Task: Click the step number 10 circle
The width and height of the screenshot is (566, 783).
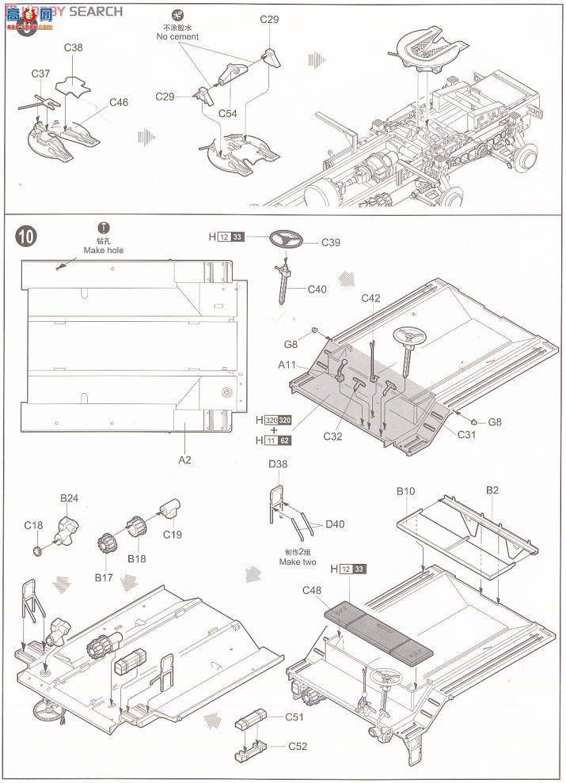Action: pyautogui.click(x=26, y=235)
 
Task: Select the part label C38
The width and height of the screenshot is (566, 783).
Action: pyautogui.click(x=74, y=47)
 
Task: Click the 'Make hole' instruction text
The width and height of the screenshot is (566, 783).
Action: pyautogui.click(x=104, y=250)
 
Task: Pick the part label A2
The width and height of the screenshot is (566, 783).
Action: pyautogui.click(x=184, y=459)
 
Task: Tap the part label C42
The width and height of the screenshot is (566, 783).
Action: pyautogui.click(x=371, y=298)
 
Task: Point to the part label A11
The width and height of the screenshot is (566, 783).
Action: pyautogui.click(x=288, y=365)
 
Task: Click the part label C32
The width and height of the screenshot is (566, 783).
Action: pyautogui.click(x=332, y=436)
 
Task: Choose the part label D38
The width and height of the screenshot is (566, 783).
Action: pyautogui.click(x=278, y=464)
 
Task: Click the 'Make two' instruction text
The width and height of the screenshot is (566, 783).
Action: pyautogui.click(x=297, y=562)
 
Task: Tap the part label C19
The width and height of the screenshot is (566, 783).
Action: pyautogui.click(x=173, y=535)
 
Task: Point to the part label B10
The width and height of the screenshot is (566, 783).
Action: pyautogui.click(x=406, y=491)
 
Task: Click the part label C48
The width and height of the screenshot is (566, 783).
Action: pyautogui.click(x=311, y=589)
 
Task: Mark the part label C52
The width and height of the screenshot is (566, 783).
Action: pyautogui.click(x=297, y=746)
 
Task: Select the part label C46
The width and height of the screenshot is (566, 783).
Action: pyautogui.click(x=119, y=103)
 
